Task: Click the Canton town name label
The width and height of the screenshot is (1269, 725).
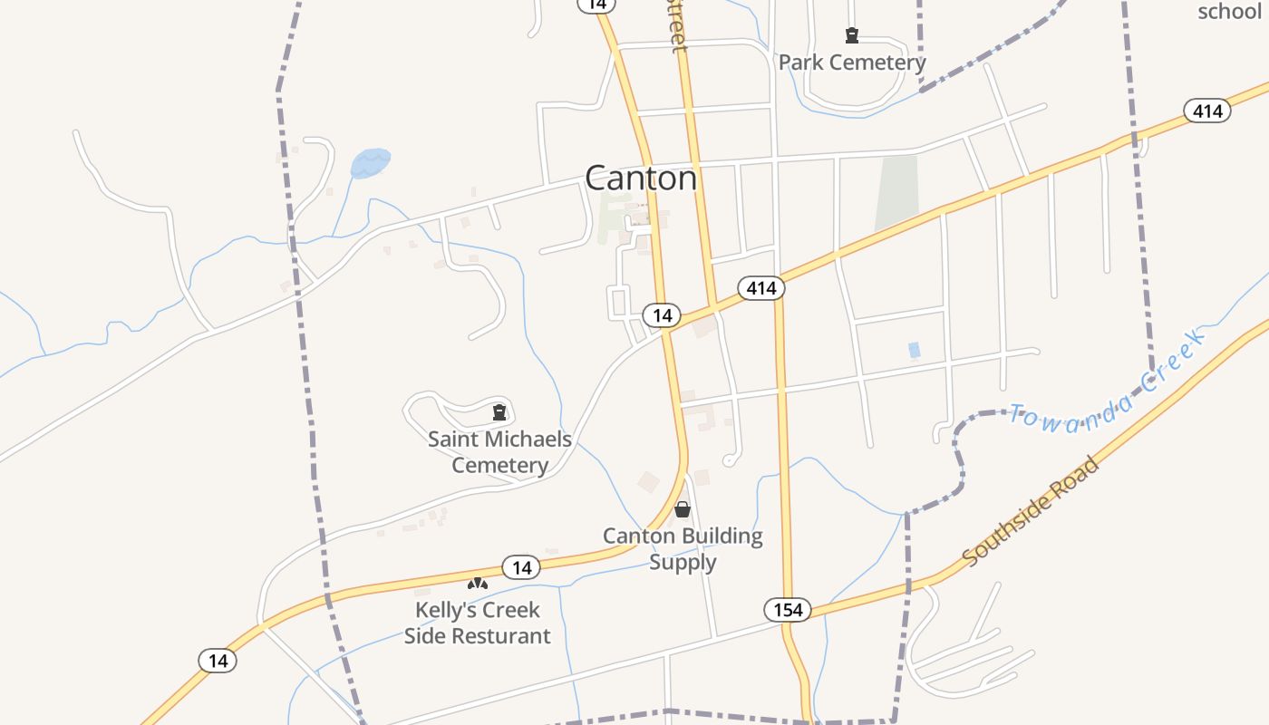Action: pos(641,178)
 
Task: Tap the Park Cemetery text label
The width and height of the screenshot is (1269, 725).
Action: pos(852,63)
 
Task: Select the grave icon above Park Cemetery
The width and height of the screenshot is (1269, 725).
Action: pos(852,35)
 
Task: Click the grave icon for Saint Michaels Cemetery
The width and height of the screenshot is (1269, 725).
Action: pos(499,412)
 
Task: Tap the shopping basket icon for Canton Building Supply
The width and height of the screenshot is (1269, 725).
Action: pos(683,509)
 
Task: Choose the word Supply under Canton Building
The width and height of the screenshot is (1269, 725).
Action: pos(683,562)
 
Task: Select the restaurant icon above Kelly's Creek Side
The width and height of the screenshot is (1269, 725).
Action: pos(478,584)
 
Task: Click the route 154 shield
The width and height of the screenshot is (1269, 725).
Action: pos(788,610)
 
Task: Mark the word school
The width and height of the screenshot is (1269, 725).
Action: pos(1229,12)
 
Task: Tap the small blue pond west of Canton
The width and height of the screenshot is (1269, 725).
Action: pos(371,162)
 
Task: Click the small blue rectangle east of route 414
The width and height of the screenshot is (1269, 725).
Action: pos(914,350)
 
